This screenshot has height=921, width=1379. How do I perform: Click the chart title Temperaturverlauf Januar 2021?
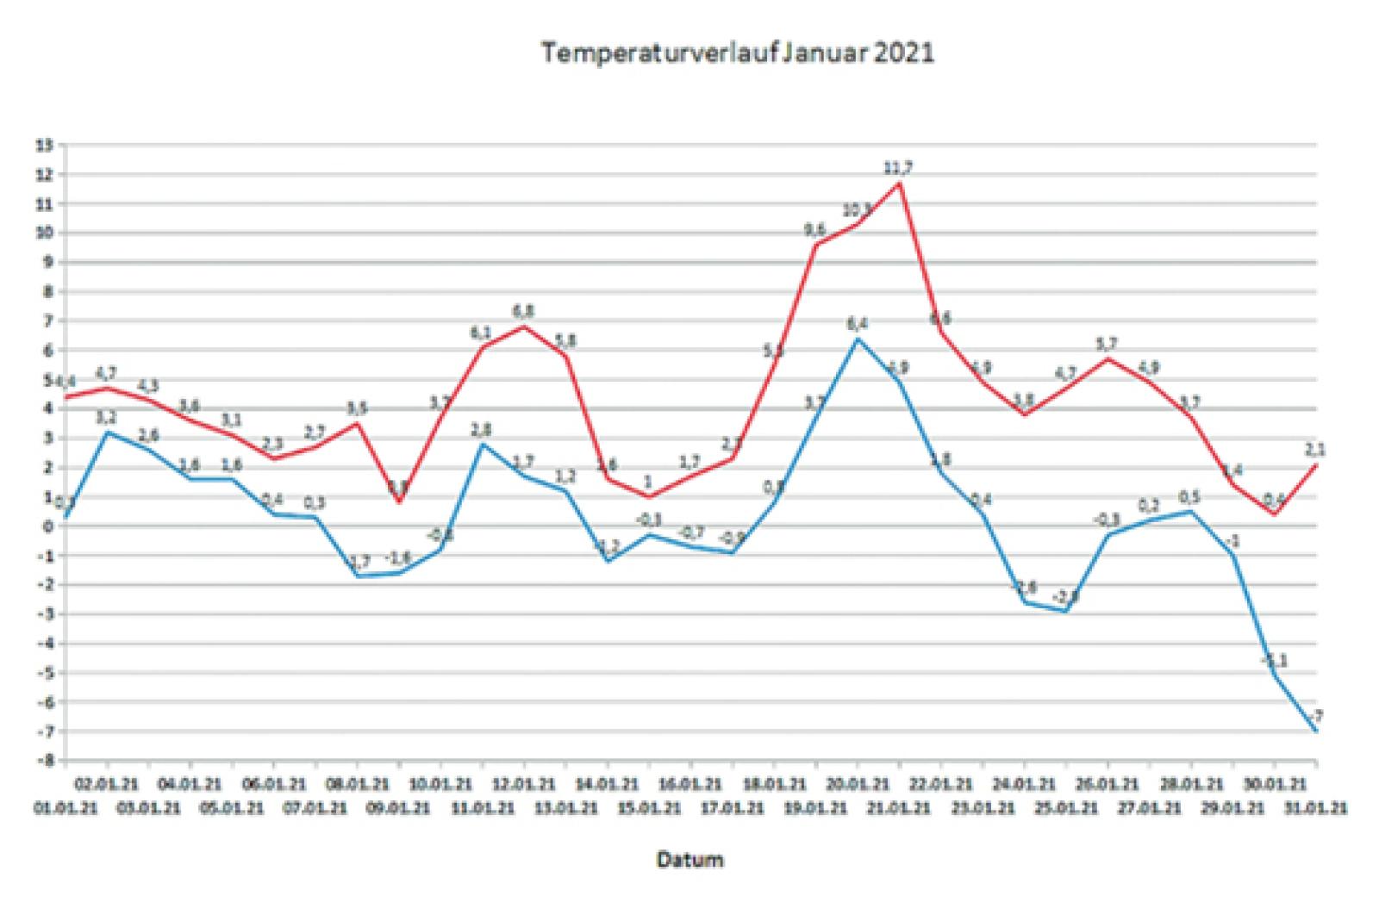point(737,53)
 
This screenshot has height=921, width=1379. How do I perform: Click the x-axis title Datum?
point(689,859)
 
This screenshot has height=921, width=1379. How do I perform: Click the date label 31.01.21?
point(1315,808)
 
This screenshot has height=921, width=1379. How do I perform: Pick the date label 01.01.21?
point(66,808)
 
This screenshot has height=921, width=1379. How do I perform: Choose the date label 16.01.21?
point(690,785)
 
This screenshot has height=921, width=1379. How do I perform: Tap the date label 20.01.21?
point(858,785)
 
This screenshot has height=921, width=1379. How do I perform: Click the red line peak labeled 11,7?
point(899,183)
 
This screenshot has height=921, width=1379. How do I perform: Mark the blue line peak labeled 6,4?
point(858,339)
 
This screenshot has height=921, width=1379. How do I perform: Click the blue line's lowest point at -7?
point(1316,731)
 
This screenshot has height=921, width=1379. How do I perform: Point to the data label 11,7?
point(899,168)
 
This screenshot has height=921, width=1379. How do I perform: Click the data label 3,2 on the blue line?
point(107,417)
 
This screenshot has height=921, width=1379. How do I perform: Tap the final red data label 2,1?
point(1315,449)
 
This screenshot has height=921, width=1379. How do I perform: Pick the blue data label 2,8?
point(482,429)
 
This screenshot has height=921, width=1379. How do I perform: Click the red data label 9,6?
point(814,229)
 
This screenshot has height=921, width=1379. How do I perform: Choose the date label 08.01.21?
point(357,785)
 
